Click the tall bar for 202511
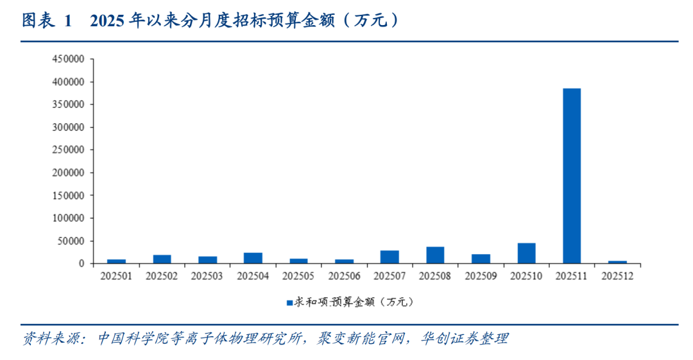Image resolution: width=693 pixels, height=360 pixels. pyautogui.click(x=572, y=176)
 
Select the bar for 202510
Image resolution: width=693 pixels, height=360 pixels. pyautogui.click(x=526, y=253)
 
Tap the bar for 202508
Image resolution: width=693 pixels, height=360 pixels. pyautogui.click(x=435, y=255)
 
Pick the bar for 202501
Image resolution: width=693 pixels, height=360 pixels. pyautogui.click(x=116, y=261)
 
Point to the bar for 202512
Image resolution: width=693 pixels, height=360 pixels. pyautogui.click(x=617, y=262)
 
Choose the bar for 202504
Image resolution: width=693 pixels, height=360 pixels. pyautogui.click(x=253, y=258)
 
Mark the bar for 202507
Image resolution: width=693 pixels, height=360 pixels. pyautogui.click(x=389, y=257)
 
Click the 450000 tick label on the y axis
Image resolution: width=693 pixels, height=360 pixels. pyautogui.click(x=68, y=59)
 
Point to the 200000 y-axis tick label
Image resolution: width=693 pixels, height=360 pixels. pyautogui.click(x=68, y=173)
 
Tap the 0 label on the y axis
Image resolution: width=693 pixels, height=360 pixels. pyautogui.click(x=81, y=264)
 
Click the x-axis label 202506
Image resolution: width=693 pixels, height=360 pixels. pyautogui.click(x=344, y=277)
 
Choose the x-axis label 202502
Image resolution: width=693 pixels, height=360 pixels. pyautogui.click(x=162, y=277)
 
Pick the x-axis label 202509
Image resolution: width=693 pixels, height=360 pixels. pyautogui.click(x=481, y=277)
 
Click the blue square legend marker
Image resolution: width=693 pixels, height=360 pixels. pyautogui.click(x=289, y=301)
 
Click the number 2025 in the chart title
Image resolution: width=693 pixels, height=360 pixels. pyautogui.click(x=108, y=21)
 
